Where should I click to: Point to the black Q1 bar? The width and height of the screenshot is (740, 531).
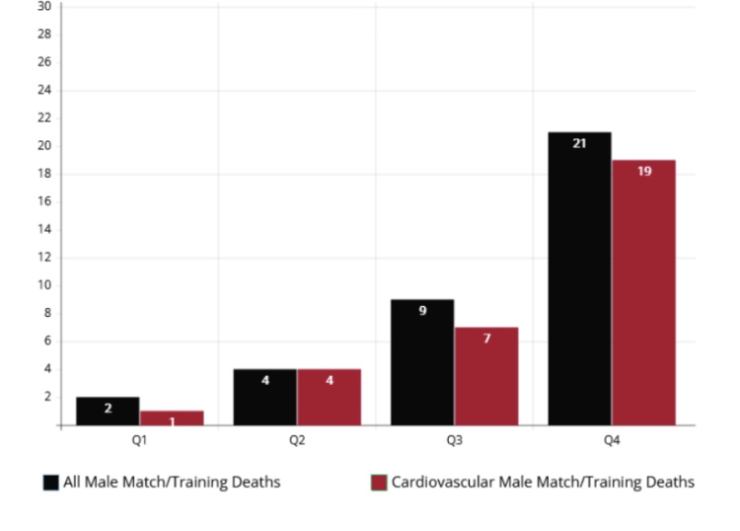[x=108, y=412]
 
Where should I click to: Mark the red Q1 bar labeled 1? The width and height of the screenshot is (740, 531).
[x=172, y=418]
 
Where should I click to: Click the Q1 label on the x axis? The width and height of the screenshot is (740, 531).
[x=139, y=440]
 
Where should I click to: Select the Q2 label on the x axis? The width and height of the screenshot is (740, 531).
[x=297, y=440]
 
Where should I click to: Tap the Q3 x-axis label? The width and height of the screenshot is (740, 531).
[x=454, y=440]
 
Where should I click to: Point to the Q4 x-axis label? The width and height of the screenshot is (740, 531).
[x=612, y=440]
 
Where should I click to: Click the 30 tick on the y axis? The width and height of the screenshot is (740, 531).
[x=43, y=6]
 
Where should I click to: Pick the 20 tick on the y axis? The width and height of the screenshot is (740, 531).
[x=43, y=146]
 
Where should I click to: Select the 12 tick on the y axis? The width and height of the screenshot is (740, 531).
[x=43, y=258]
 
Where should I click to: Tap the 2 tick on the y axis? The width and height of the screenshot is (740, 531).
[x=46, y=397]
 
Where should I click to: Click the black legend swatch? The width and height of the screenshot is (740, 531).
[x=50, y=483]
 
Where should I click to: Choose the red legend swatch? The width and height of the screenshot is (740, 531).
[x=378, y=483]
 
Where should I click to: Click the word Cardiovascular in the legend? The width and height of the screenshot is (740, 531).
[x=437, y=483]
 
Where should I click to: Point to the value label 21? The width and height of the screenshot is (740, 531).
[x=579, y=144]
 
